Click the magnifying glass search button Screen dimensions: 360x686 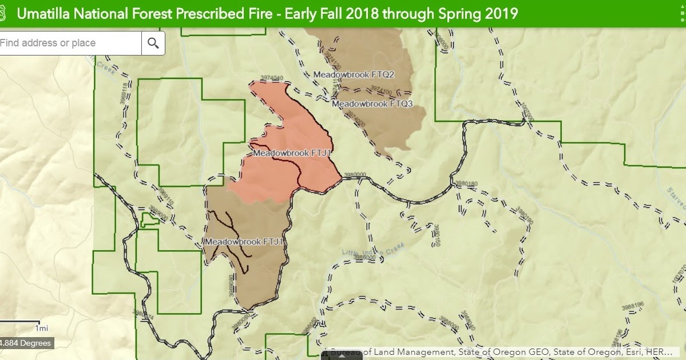(x=153, y=43)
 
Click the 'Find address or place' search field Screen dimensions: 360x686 (x=69, y=43)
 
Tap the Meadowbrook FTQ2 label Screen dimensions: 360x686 (x=354, y=74)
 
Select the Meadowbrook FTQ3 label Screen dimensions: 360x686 (x=372, y=104)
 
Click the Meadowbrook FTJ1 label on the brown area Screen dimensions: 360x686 (x=244, y=242)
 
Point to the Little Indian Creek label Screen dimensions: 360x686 (x=373, y=249)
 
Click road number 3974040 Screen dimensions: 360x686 (x=272, y=78)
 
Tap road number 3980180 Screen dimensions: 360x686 (x=465, y=184)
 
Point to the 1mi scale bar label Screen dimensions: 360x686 (x=41, y=329)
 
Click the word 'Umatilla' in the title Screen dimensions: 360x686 (x=41, y=13)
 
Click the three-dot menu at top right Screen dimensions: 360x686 (x=682, y=13)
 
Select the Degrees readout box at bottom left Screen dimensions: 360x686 (x=25, y=343)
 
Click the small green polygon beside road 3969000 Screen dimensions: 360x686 (x=149, y=219)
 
